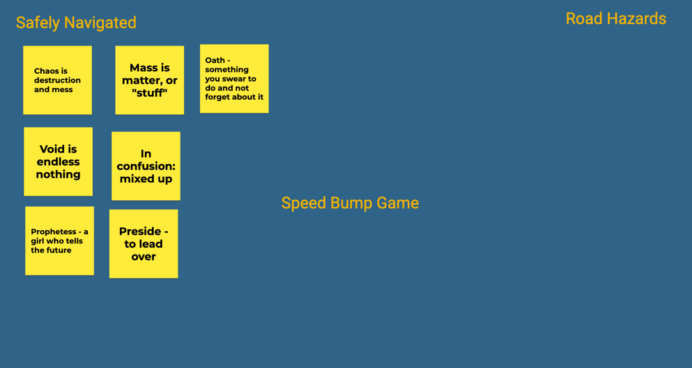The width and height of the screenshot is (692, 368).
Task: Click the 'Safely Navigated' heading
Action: [76, 23]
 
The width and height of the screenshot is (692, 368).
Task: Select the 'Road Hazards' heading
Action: [616, 19]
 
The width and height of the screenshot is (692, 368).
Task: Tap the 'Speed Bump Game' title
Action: [350, 203]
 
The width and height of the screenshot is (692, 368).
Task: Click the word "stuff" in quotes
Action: [150, 93]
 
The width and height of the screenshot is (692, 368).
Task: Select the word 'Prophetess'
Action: [53, 232]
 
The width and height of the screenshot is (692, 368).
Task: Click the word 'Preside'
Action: [140, 231]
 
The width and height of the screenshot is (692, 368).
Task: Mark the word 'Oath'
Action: [215, 60]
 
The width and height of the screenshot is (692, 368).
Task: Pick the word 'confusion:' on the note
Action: [146, 166]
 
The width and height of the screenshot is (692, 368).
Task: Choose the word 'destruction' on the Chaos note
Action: [57, 80]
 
